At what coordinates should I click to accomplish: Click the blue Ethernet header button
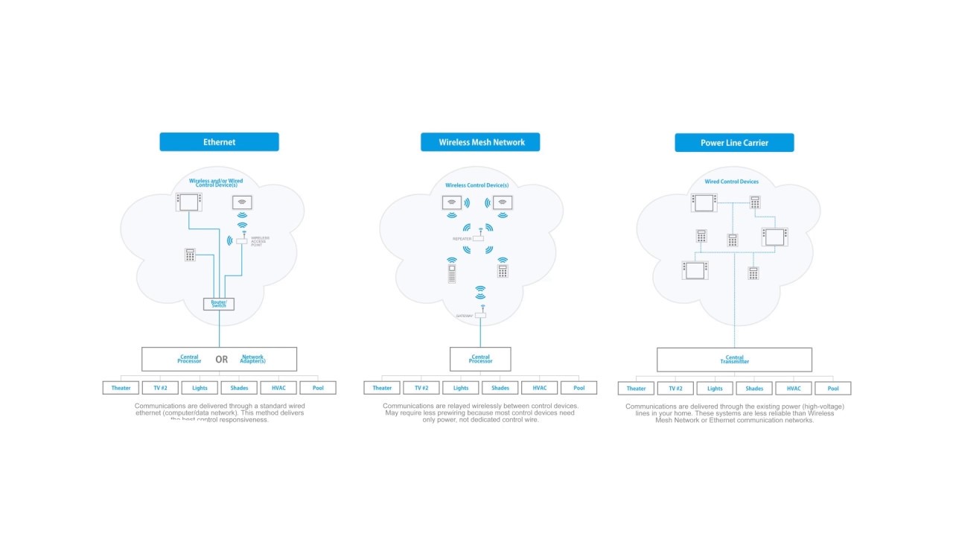click(x=219, y=142)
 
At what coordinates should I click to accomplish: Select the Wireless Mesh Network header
click(x=480, y=142)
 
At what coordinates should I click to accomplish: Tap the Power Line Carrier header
click(x=734, y=143)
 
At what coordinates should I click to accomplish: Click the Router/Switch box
click(x=219, y=304)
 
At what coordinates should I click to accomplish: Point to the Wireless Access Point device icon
click(x=242, y=240)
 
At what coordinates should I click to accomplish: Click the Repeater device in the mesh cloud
click(x=478, y=237)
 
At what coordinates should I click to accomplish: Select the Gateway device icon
click(x=480, y=315)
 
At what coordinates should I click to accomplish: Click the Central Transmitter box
click(x=734, y=360)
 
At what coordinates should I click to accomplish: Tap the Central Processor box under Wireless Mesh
click(x=480, y=359)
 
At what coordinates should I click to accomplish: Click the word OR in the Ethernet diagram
click(x=221, y=360)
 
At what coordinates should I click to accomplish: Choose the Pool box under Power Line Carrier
click(x=832, y=389)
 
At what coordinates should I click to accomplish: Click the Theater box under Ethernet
click(x=121, y=388)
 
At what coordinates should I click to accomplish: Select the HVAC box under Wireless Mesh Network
click(x=539, y=388)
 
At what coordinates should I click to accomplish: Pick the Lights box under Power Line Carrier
click(x=715, y=389)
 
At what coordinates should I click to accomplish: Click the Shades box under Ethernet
click(x=239, y=388)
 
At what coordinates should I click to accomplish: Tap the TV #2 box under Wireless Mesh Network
click(x=421, y=388)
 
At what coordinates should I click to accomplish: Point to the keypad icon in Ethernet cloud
click(x=190, y=255)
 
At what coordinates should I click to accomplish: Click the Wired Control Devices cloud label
click(x=731, y=182)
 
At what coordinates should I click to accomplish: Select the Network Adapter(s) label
click(x=253, y=359)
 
